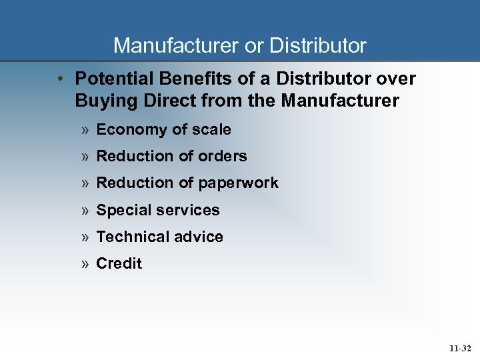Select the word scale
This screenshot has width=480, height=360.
(211, 129)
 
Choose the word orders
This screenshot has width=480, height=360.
(223, 156)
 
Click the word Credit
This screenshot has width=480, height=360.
(119, 263)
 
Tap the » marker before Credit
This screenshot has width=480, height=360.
(85, 264)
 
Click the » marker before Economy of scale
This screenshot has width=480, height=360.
(85, 130)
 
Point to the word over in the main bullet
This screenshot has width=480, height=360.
(395, 79)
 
